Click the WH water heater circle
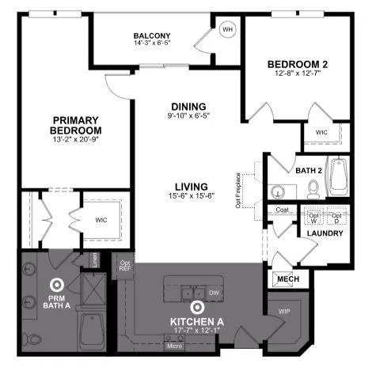coord(228,30)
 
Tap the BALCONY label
coord(152,36)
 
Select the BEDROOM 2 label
coord(298,64)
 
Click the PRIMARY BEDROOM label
coord(76,125)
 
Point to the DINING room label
coord(188,107)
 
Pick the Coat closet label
coord(282,210)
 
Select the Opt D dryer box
coord(336,217)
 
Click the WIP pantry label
coord(283,313)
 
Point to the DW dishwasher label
coord(215,292)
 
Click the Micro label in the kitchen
coord(174,346)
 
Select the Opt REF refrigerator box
coord(124,267)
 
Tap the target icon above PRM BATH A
coord(56,285)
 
